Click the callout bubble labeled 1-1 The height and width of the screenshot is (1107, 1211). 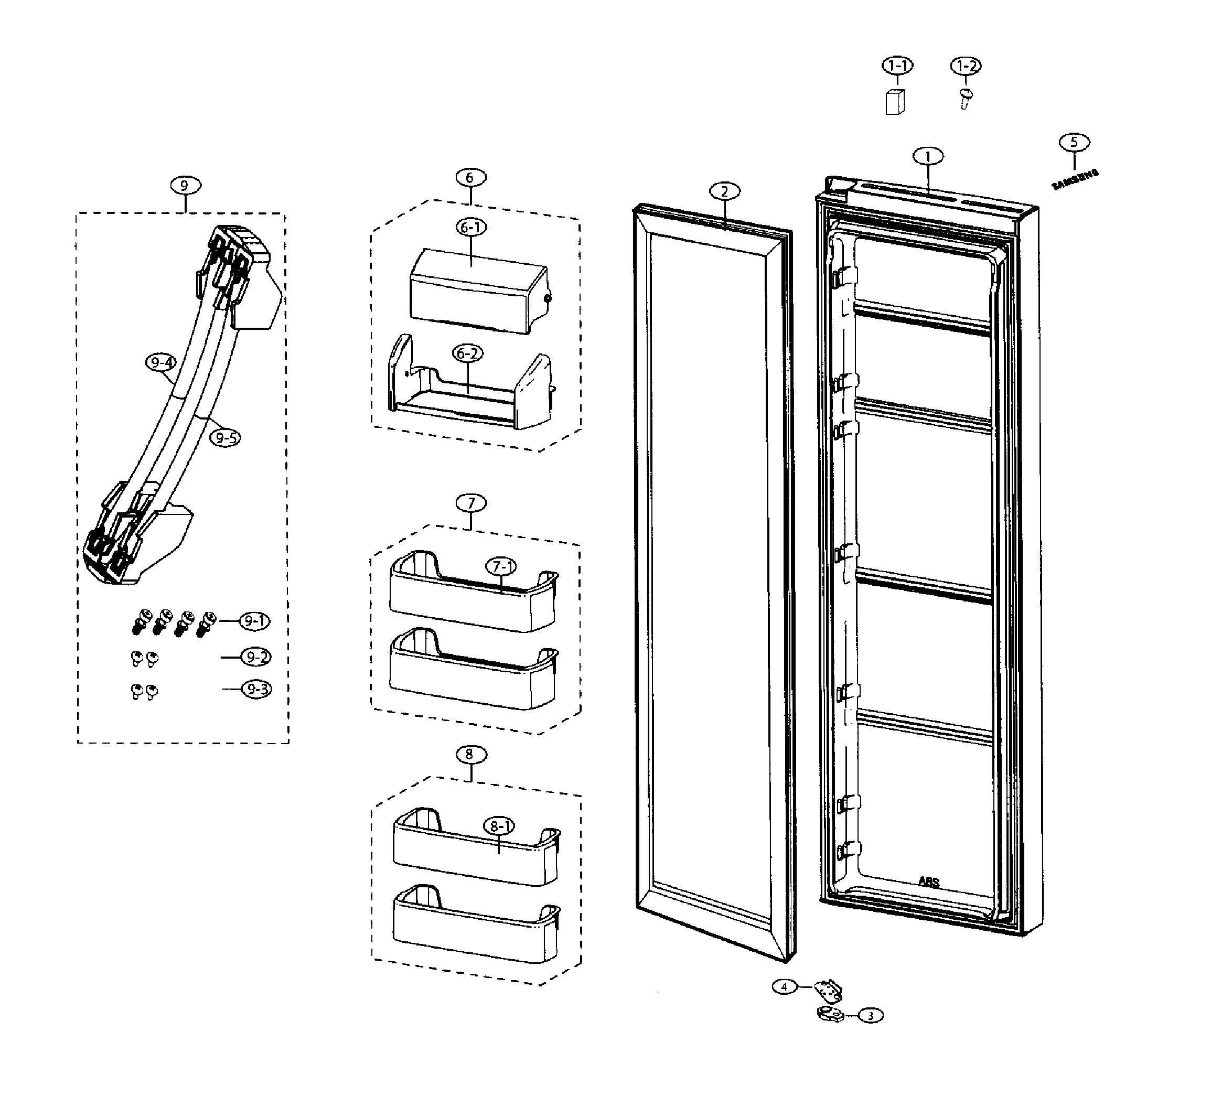point(897,66)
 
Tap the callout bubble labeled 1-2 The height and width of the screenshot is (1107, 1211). point(966,66)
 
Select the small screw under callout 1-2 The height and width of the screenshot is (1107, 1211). point(966,98)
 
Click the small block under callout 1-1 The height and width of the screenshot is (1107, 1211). point(895,102)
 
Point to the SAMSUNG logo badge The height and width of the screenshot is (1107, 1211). point(1075,179)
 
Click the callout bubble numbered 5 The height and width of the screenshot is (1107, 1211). point(1074,142)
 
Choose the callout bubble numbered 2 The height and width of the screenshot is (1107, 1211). point(724,191)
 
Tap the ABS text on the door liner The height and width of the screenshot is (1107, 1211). point(929,882)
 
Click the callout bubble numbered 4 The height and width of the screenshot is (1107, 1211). point(785,986)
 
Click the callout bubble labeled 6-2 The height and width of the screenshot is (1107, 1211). point(467,354)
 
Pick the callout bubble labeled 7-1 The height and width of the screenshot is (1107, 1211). point(501,566)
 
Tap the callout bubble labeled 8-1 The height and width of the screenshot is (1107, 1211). point(499,827)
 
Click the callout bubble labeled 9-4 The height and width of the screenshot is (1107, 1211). point(161,363)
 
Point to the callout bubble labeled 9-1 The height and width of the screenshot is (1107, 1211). point(255,621)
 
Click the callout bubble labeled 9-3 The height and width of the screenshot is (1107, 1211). point(256,689)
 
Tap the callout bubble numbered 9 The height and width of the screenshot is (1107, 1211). point(185,186)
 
